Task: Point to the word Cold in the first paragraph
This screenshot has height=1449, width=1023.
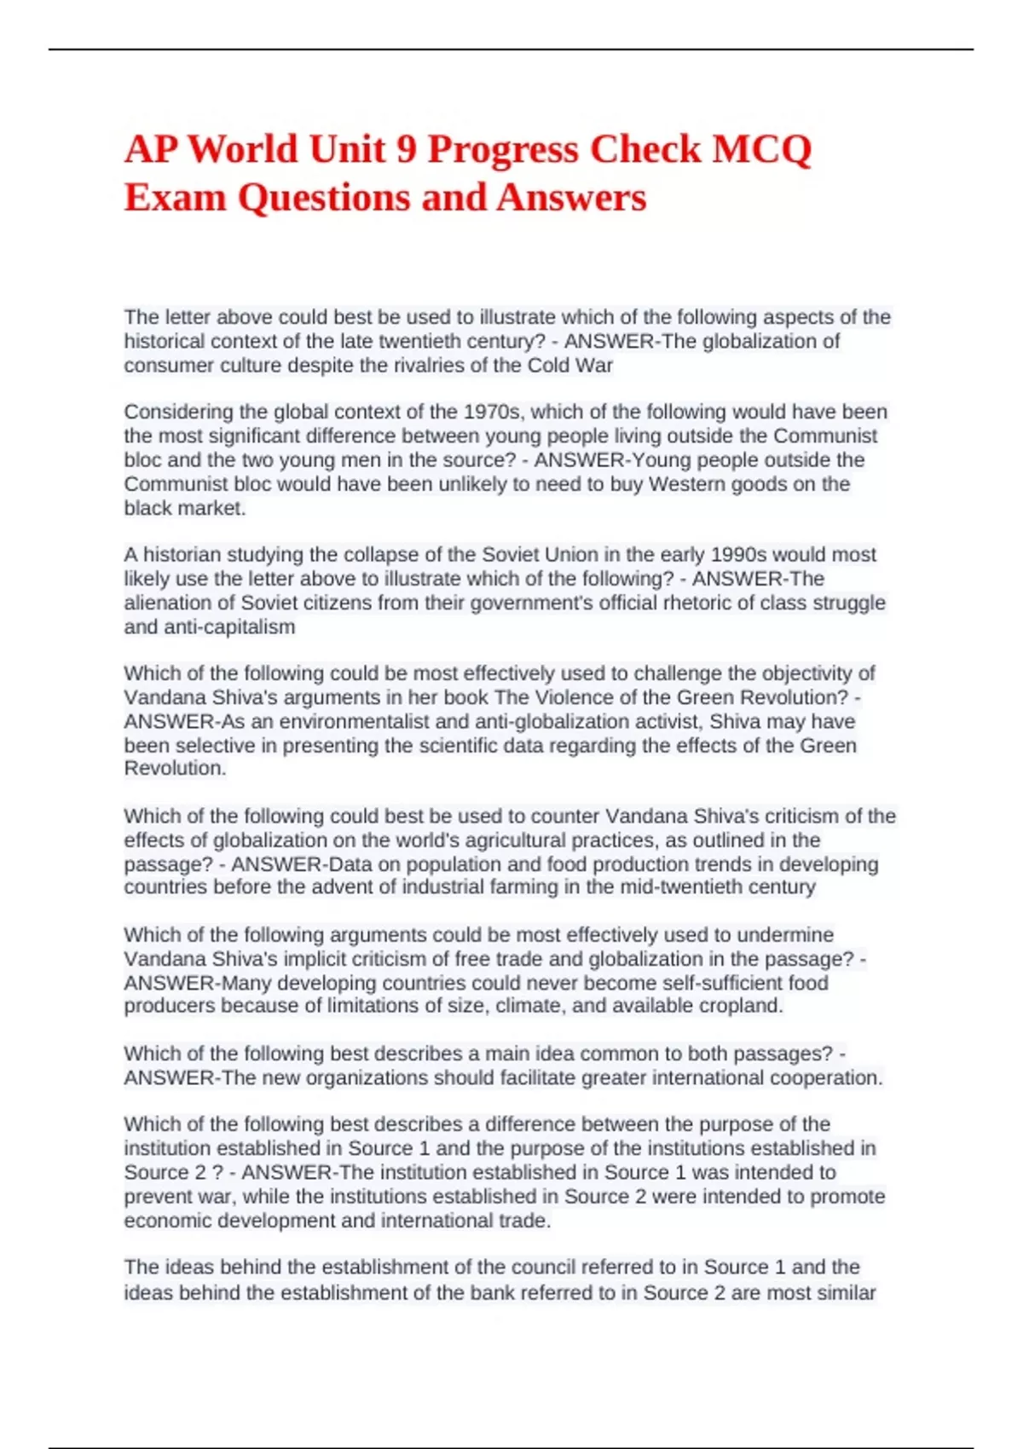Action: [549, 366]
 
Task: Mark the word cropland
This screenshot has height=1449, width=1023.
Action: [739, 1006]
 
